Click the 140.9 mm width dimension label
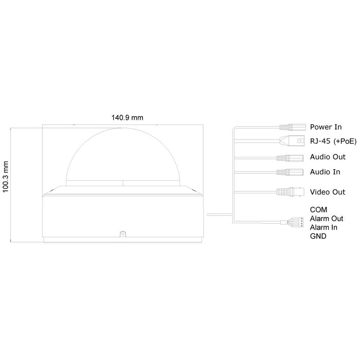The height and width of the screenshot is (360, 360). (x=127, y=118)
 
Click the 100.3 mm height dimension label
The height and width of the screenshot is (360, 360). (x=5, y=177)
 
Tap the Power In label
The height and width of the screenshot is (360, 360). (x=326, y=127)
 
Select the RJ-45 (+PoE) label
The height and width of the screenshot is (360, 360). (x=333, y=141)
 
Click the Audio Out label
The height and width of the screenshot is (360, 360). (x=328, y=157)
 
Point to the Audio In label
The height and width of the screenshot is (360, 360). (x=325, y=172)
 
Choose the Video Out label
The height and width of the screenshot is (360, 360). (x=328, y=192)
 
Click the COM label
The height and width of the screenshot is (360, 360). (x=318, y=210)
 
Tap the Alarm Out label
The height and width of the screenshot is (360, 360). (x=327, y=219)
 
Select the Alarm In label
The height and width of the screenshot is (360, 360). (x=323, y=227)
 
